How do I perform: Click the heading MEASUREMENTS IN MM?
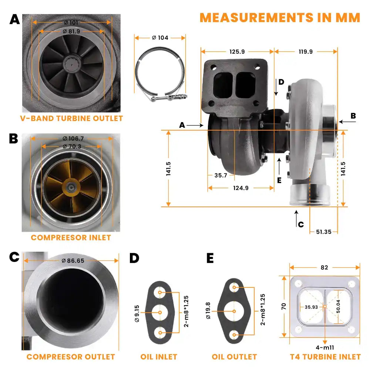coord(280,17)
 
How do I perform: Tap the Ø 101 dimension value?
coord(71,23)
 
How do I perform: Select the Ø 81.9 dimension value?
coord(71,31)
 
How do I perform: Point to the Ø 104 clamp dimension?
coord(160,38)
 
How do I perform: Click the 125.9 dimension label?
coord(237,52)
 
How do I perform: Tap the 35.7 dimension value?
coord(221,175)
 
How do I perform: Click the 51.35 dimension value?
coord(323,232)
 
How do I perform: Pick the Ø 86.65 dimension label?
coord(73,260)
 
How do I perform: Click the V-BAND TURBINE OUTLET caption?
coord(71,118)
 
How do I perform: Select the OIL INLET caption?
coord(159,357)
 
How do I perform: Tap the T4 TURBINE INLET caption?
coord(325,357)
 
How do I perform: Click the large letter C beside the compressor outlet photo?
coord(14,257)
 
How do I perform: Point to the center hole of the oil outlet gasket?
coord(234,312)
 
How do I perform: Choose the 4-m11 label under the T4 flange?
coord(324,348)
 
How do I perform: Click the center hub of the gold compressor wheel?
coord(70,188)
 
